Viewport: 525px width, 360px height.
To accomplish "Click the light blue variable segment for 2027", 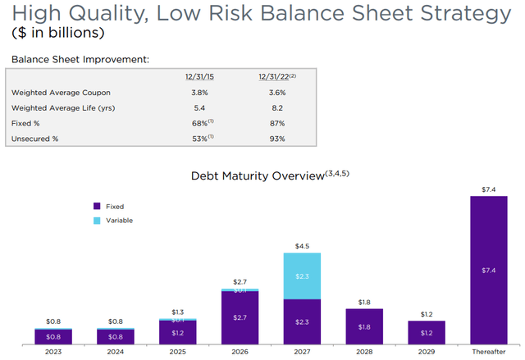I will (x=303, y=276).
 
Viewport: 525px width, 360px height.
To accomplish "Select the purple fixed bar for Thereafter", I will (x=489, y=271).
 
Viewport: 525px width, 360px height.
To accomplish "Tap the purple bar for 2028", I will (x=365, y=326).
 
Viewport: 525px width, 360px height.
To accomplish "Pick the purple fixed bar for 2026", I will (x=240, y=317).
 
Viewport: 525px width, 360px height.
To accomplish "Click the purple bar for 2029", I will (x=427, y=332).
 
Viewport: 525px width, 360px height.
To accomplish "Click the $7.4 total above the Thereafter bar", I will (x=489, y=189).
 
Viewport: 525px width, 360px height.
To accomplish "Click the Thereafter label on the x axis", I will (x=489, y=352).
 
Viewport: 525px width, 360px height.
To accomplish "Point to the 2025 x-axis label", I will (x=178, y=352).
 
